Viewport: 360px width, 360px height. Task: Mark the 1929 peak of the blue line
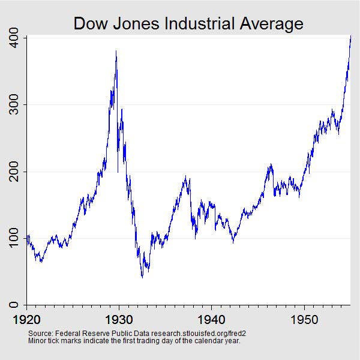tap(116, 51)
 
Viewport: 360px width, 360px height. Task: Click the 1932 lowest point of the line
tap(142, 277)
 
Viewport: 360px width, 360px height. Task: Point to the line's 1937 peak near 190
tap(185, 176)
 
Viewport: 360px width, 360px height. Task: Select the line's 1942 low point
tap(233, 243)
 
